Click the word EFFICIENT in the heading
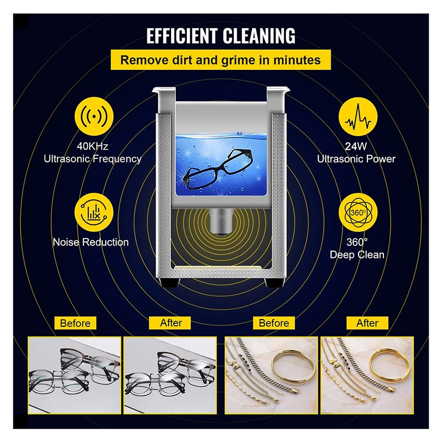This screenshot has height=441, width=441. tap(182, 36)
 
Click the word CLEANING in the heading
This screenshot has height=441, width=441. tap(259, 36)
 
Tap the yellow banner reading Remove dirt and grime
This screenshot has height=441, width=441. tap(220, 60)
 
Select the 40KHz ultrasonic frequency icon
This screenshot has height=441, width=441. tap(94, 116)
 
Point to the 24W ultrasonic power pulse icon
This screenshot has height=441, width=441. tap(358, 116)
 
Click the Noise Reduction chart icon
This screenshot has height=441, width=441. tap(94, 213)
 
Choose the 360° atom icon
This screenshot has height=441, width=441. tap(358, 213)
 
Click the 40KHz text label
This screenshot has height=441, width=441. tap(92, 146)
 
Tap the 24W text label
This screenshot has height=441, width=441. tap(356, 146)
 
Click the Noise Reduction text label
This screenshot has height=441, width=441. tap(91, 242)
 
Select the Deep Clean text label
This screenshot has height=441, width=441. tap(357, 255)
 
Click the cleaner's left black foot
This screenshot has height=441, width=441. tap(169, 282)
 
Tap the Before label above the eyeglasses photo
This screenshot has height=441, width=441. tap(75, 323)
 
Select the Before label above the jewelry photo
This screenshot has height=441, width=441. tap(274, 323)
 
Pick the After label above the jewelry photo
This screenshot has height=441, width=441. tap(367, 323)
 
